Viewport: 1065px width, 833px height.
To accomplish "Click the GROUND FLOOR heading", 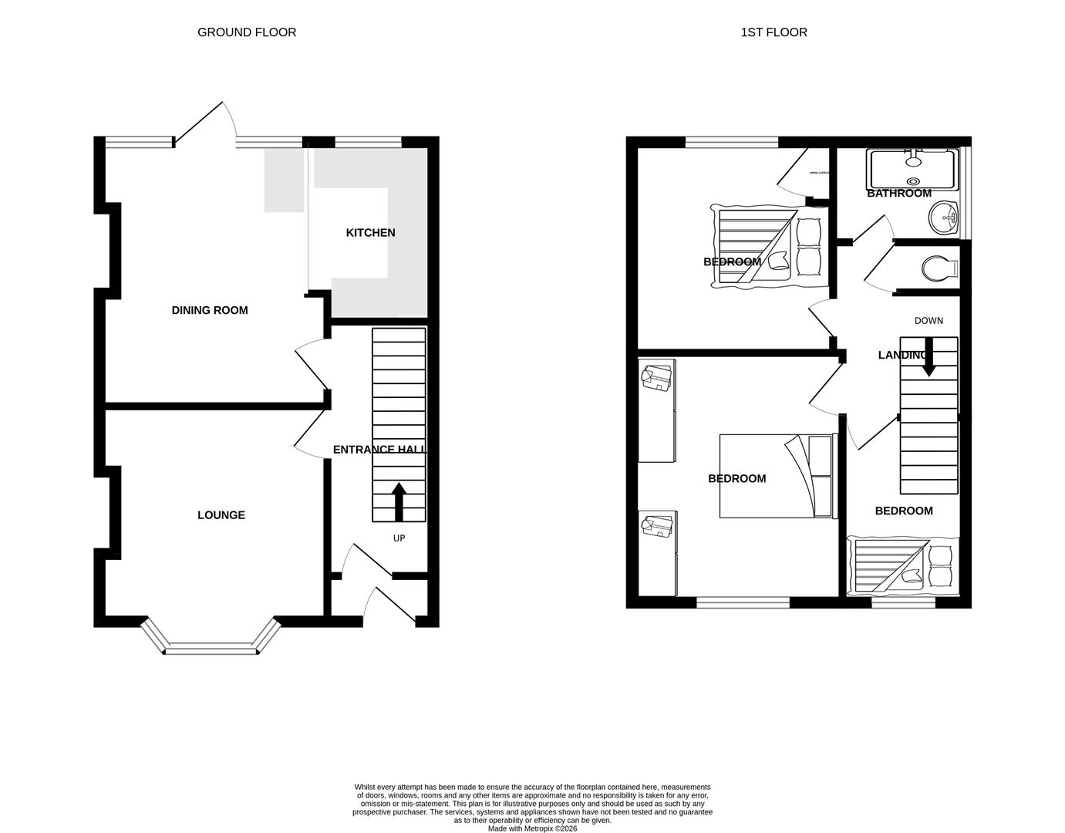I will tap(247, 32).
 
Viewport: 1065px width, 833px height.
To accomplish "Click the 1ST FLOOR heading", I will tap(773, 32).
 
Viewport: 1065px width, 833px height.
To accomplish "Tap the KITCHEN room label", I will tap(370, 233).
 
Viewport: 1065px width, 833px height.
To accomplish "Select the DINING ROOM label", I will tap(210, 311).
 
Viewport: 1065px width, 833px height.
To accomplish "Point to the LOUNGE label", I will tap(221, 515).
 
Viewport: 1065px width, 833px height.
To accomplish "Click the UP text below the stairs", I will tap(399, 538).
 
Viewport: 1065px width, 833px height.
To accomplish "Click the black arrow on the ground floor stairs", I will tap(399, 502).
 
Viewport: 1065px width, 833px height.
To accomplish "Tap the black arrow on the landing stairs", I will tap(929, 359).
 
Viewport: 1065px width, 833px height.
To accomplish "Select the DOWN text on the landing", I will tap(929, 321).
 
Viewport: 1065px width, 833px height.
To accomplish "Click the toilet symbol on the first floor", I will tap(938, 268).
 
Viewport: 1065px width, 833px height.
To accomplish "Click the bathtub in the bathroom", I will tap(913, 169).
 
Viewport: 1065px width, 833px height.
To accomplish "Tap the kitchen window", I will tap(369, 142).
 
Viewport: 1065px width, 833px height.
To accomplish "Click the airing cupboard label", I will tap(818, 173).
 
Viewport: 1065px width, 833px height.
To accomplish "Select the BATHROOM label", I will tap(899, 194).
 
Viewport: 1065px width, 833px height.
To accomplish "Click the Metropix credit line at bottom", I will tap(532, 829).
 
